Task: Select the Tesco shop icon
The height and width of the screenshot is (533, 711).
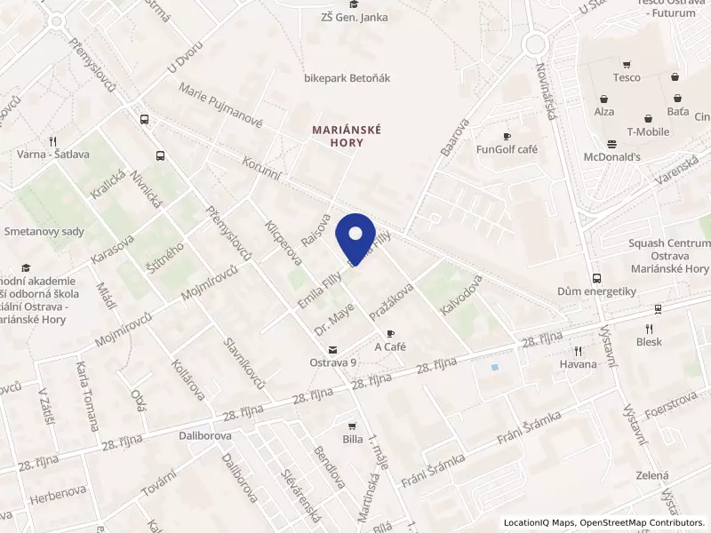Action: (627, 64)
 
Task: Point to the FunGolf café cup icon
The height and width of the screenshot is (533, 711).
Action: (507, 136)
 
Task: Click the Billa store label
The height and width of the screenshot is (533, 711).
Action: (353, 439)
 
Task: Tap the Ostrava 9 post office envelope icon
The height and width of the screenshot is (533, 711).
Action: (332, 349)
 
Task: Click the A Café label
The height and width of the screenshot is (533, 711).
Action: (390, 346)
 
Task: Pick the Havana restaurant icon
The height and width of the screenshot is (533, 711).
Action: (578, 351)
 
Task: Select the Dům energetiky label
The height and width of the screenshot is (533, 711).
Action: (594, 290)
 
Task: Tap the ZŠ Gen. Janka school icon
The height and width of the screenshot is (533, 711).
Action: (355, 4)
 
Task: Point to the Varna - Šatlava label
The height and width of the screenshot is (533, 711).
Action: (53, 154)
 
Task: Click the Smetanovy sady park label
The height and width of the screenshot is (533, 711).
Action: (44, 231)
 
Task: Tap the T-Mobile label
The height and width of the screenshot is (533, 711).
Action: (648, 131)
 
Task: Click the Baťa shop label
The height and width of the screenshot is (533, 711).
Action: (677, 113)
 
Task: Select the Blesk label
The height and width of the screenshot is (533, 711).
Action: (649, 341)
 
